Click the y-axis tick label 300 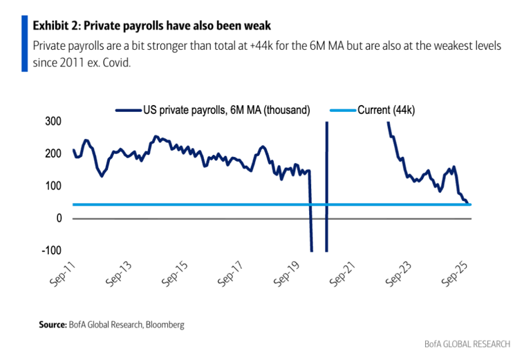(54, 121)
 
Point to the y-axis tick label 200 (54, 153)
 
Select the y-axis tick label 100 (54, 186)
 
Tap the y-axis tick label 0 (59, 218)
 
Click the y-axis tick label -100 (52, 251)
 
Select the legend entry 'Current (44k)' (386, 110)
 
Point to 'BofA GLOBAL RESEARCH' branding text (467, 344)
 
